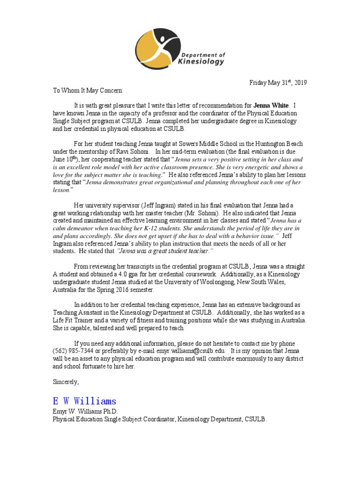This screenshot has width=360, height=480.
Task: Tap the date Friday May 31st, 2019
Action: pos(277,83)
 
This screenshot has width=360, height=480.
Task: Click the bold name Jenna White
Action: pos(271,105)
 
